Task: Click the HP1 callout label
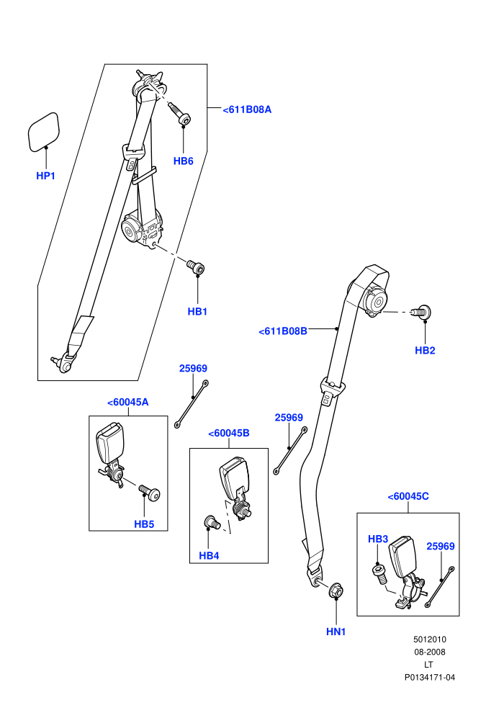pos(45,176)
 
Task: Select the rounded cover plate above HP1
pos(44,132)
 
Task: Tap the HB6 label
pos(183,161)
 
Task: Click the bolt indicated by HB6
pos(180,114)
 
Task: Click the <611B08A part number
pos(247,109)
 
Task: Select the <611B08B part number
pos(283,331)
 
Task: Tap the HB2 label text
pos(425,350)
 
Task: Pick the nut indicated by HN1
pos(336,590)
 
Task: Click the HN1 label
pos(336,632)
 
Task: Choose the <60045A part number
pos(127,403)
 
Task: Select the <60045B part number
pos(228,434)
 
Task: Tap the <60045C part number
pos(408,496)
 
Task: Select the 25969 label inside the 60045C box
pos(441,546)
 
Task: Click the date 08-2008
pos(429,652)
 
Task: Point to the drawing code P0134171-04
pos(429,678)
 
